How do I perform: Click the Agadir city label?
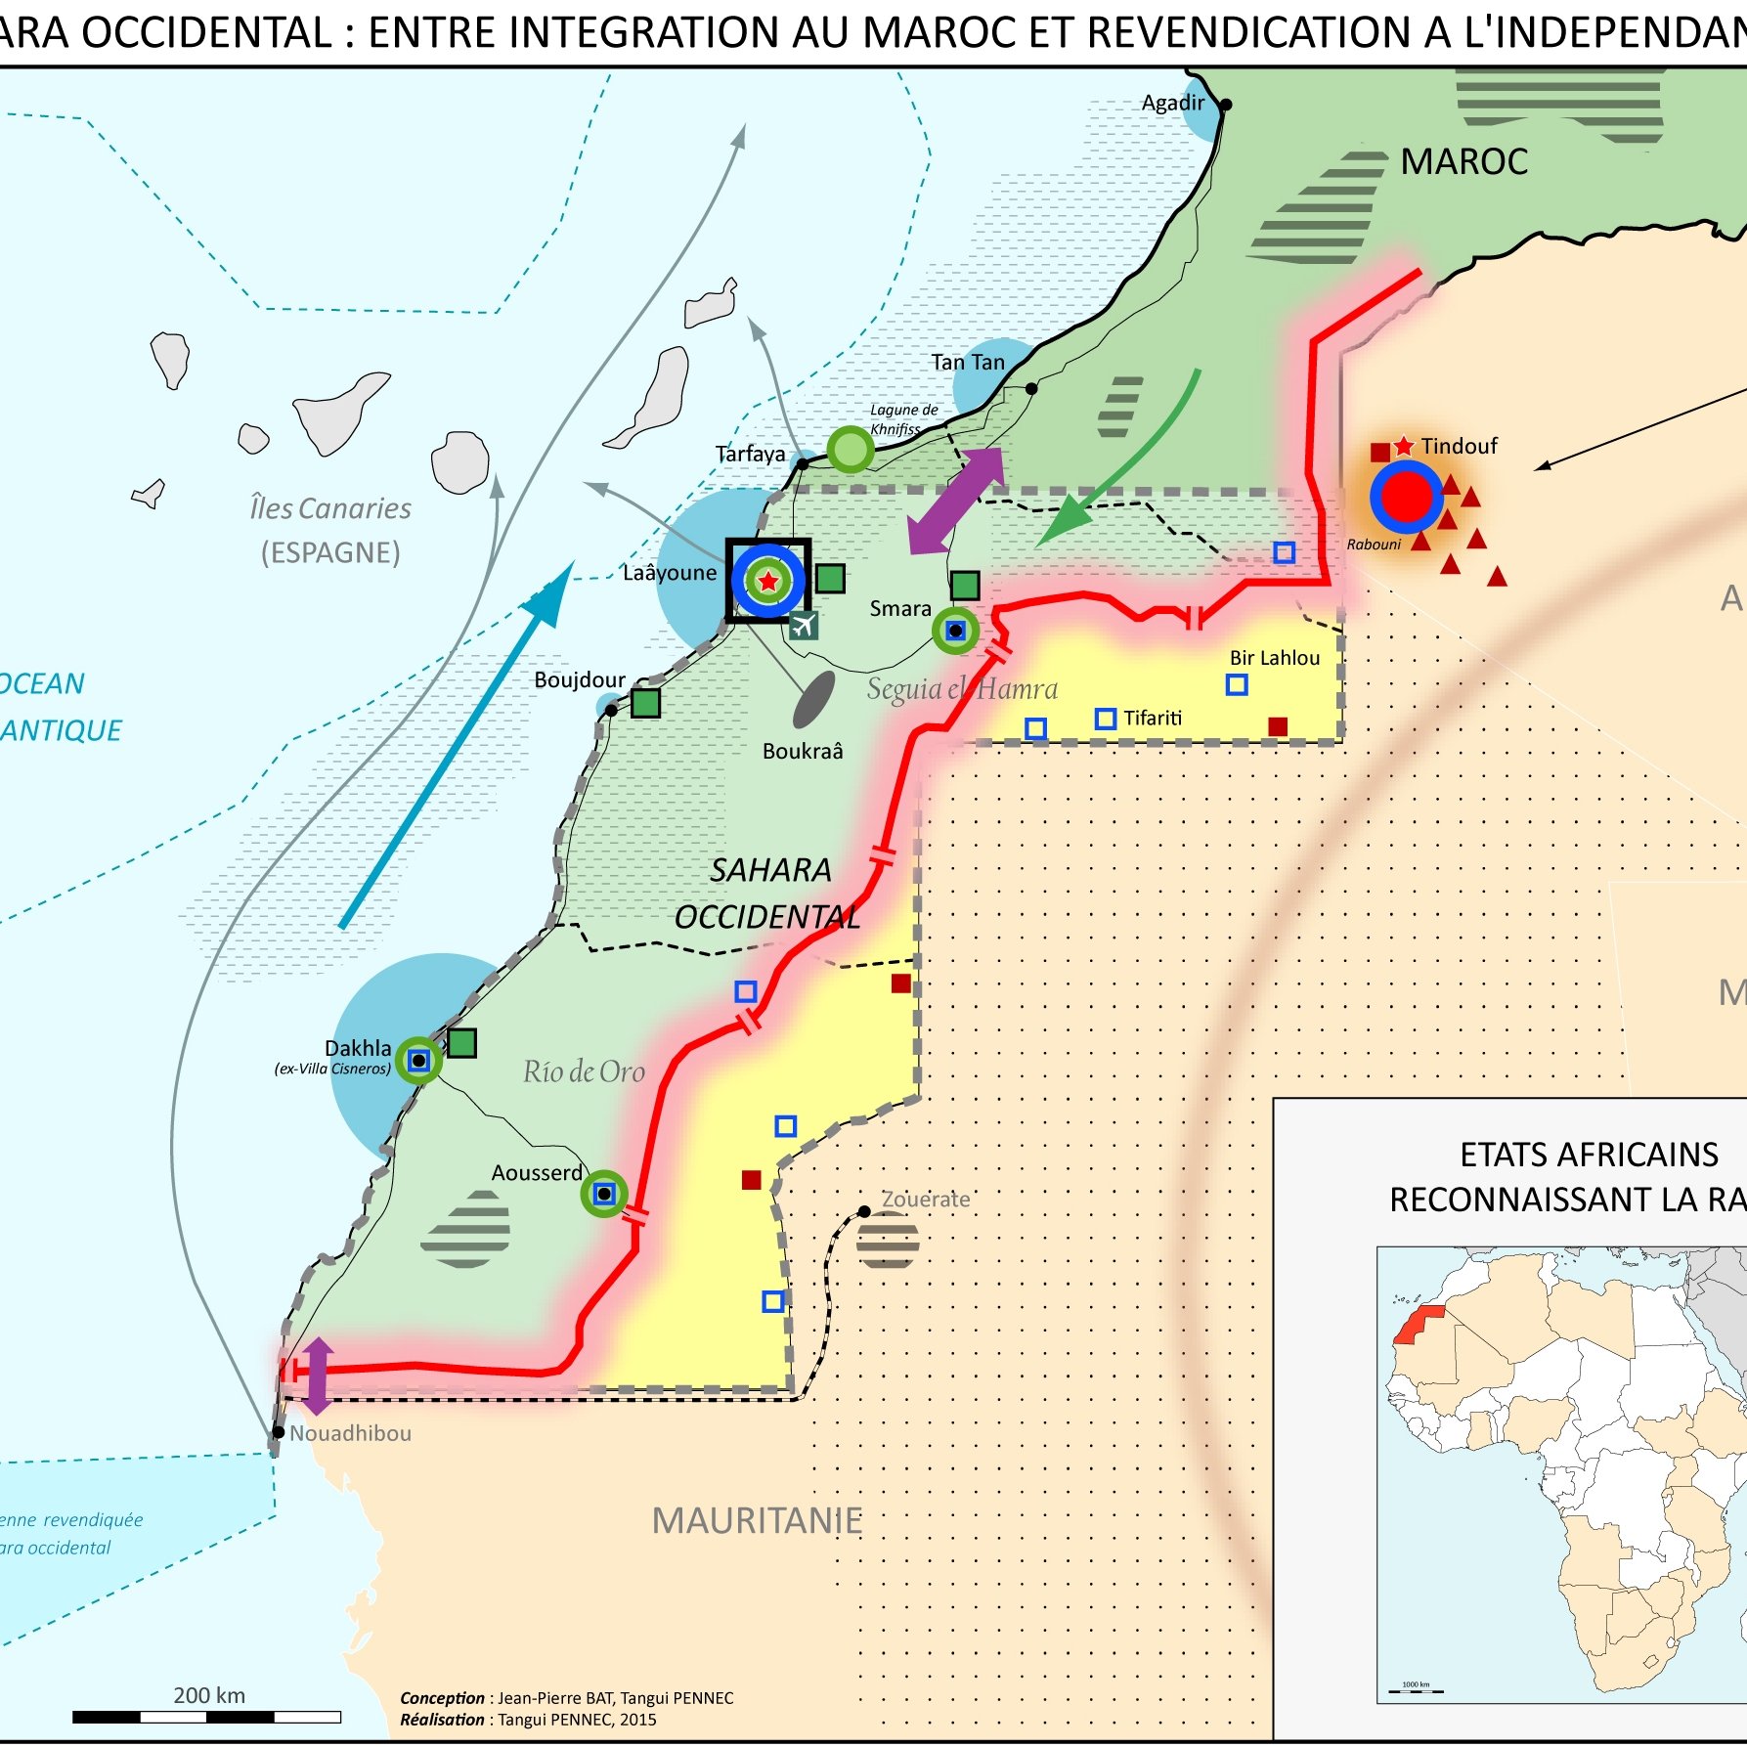[1172, 103]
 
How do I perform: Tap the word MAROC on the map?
[1463, 161]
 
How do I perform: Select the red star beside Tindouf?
[1404, 446]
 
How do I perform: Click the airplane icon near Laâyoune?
[803, 624]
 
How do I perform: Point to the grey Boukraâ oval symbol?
[813, 699]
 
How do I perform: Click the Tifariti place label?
[1152, 719]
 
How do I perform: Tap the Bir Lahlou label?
[1274, 658]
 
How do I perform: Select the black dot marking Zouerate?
[864, 1211]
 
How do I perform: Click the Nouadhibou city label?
[350, 1433]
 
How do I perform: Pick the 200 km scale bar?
[206, 1717]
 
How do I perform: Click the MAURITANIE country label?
[757, 1520]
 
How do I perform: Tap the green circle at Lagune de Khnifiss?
[850, 450]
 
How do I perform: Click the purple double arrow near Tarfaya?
[955, 501]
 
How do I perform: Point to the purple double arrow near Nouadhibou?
[318, 1376]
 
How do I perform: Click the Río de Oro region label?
[584, 1071]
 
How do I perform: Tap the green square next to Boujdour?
[645, 702]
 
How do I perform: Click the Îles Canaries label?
[330, 508]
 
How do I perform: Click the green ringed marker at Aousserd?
[604, 1194]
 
